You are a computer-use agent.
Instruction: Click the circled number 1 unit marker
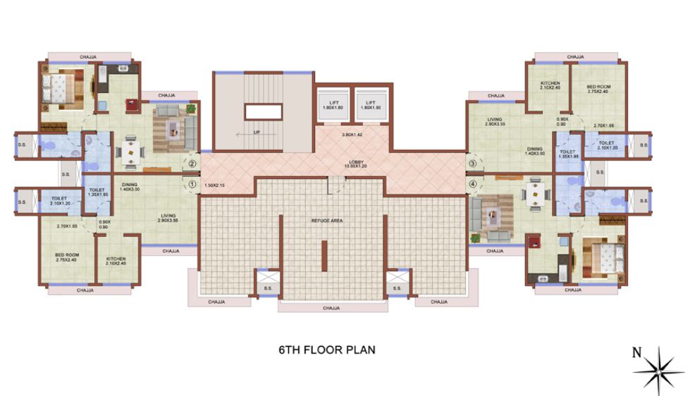click(x=192, y=185)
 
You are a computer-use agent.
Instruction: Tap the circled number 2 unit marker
click(x=192, y=164)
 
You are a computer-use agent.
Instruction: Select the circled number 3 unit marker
click(x=472, y=164)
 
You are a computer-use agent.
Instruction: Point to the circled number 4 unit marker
click(x=472, y=185)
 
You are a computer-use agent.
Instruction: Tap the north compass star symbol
click(x=661, y=364)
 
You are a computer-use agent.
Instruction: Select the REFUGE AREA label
click(x=326, y=221)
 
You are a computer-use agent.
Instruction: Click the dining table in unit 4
click(x=535, y=197)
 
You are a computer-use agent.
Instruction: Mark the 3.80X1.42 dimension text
click(x=351, y=134)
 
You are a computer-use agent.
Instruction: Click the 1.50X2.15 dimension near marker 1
click(x=215, y=185)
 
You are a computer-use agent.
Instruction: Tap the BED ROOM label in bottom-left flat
click(x=68, y=257)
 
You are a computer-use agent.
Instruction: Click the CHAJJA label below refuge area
click(x=331, y=308)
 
